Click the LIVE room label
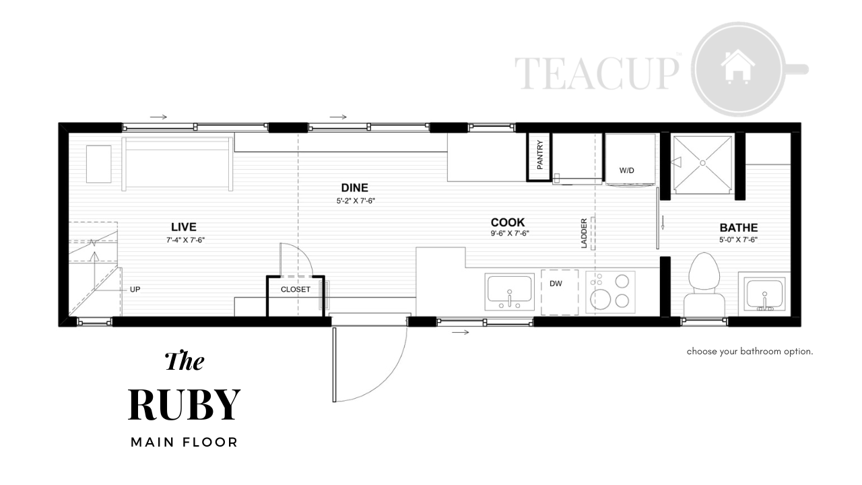coord(184,227)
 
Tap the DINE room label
coord(354,188)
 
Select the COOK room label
coord(508,222)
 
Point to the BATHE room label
coord(739,228)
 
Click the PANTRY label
coord(540,155)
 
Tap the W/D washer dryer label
coord(626,170)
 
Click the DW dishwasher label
coord(556,284)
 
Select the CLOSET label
coord(295,290)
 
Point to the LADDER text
coord(584,233)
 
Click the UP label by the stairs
coord(135,290)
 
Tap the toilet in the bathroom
coord(704,284)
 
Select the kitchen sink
coord(510,292)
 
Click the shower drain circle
coord(702,163)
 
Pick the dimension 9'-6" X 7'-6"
coord(510,233)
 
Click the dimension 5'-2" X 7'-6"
coord(356,201)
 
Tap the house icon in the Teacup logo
coord(737,66)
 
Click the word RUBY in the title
coord(185,405)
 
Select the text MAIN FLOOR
coord(185,443)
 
